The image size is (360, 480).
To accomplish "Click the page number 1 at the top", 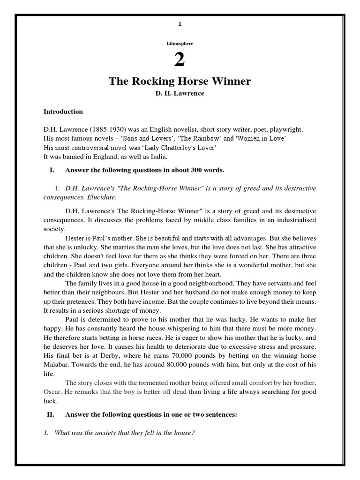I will (x=180, y=24).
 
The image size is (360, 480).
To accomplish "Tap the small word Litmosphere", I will (x=180, y=43).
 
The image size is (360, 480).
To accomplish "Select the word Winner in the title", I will (x=232, y=81).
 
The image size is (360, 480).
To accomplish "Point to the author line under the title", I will (x=180, y=94).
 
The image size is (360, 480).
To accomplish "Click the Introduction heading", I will (x=63, y=112).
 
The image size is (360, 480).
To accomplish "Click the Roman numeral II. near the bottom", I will (x=52, y=415).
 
